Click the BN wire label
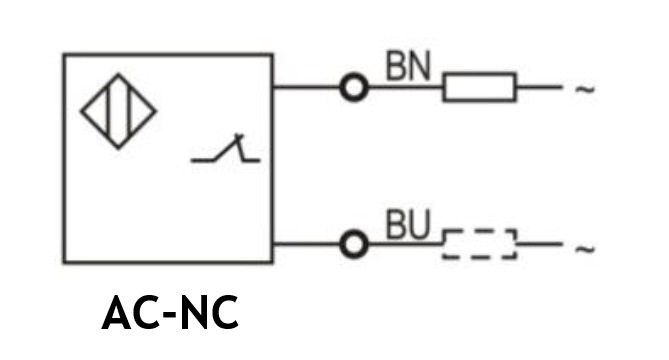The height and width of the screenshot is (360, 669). click(408, 66)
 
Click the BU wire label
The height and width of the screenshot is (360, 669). click(407, 224)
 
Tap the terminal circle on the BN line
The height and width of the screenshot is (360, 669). click(354, 87)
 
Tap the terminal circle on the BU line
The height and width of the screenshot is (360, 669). click(354, 244)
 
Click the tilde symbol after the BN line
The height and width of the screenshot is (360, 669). click(585, 89)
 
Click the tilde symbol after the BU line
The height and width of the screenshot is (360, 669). click(585, 248)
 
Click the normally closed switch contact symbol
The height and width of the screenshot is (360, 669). click(225, 150)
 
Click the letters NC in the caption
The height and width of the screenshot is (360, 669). click(209, 313)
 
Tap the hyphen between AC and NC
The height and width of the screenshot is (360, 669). click(170, 315)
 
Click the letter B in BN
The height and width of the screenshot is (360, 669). click(396, 66)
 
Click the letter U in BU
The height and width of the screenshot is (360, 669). click(419, 224)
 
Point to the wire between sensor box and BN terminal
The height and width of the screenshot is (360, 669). click(306, 87)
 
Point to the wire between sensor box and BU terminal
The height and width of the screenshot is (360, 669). click(306, 244)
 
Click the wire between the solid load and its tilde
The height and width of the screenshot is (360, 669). click(539, 87)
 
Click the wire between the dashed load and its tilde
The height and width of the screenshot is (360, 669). click(539, 244)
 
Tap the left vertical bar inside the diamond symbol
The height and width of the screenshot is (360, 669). click(109, 111)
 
